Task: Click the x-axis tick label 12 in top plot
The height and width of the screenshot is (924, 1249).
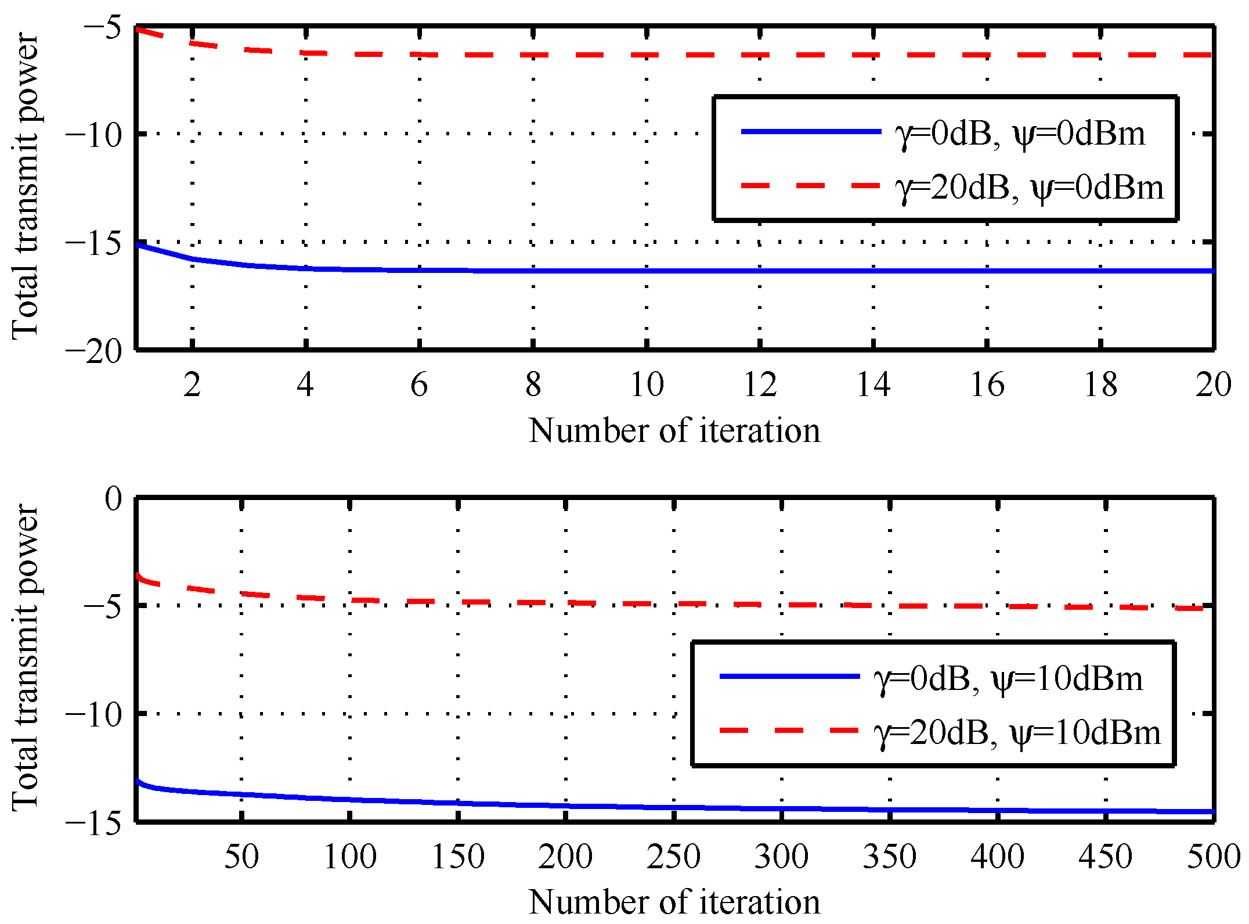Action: (760, 384)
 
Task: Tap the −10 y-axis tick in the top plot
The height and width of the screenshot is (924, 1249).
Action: (94, 135)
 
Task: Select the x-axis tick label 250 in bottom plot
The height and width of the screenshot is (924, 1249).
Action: (673, 857)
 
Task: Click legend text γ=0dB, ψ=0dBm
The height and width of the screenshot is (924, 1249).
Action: (1020, 134)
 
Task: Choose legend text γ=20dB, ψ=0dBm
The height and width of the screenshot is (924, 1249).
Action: (1029, 188)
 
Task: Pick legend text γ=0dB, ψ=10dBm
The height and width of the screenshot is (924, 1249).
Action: (1008, 678)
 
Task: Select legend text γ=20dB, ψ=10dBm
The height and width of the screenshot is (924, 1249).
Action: (1017, 732)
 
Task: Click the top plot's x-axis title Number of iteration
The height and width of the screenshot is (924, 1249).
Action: (674, 431)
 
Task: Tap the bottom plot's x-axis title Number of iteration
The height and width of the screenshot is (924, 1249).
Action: (674, 901)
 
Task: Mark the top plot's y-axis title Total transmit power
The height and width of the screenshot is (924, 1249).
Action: (26, 186)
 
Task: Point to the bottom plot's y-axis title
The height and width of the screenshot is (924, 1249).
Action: (26, 656)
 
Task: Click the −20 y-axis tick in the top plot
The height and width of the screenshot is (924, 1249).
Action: (94, 351)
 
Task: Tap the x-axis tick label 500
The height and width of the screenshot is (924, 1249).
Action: (1213, 857)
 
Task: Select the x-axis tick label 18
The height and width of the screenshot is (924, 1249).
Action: (1100, 384)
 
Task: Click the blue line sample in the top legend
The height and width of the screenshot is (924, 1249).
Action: (811, 132)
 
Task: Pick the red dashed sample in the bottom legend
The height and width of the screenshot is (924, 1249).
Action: (789, 730)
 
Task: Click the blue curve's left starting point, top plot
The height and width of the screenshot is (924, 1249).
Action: (138, 245)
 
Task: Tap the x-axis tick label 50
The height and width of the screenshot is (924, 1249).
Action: (241, 857)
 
